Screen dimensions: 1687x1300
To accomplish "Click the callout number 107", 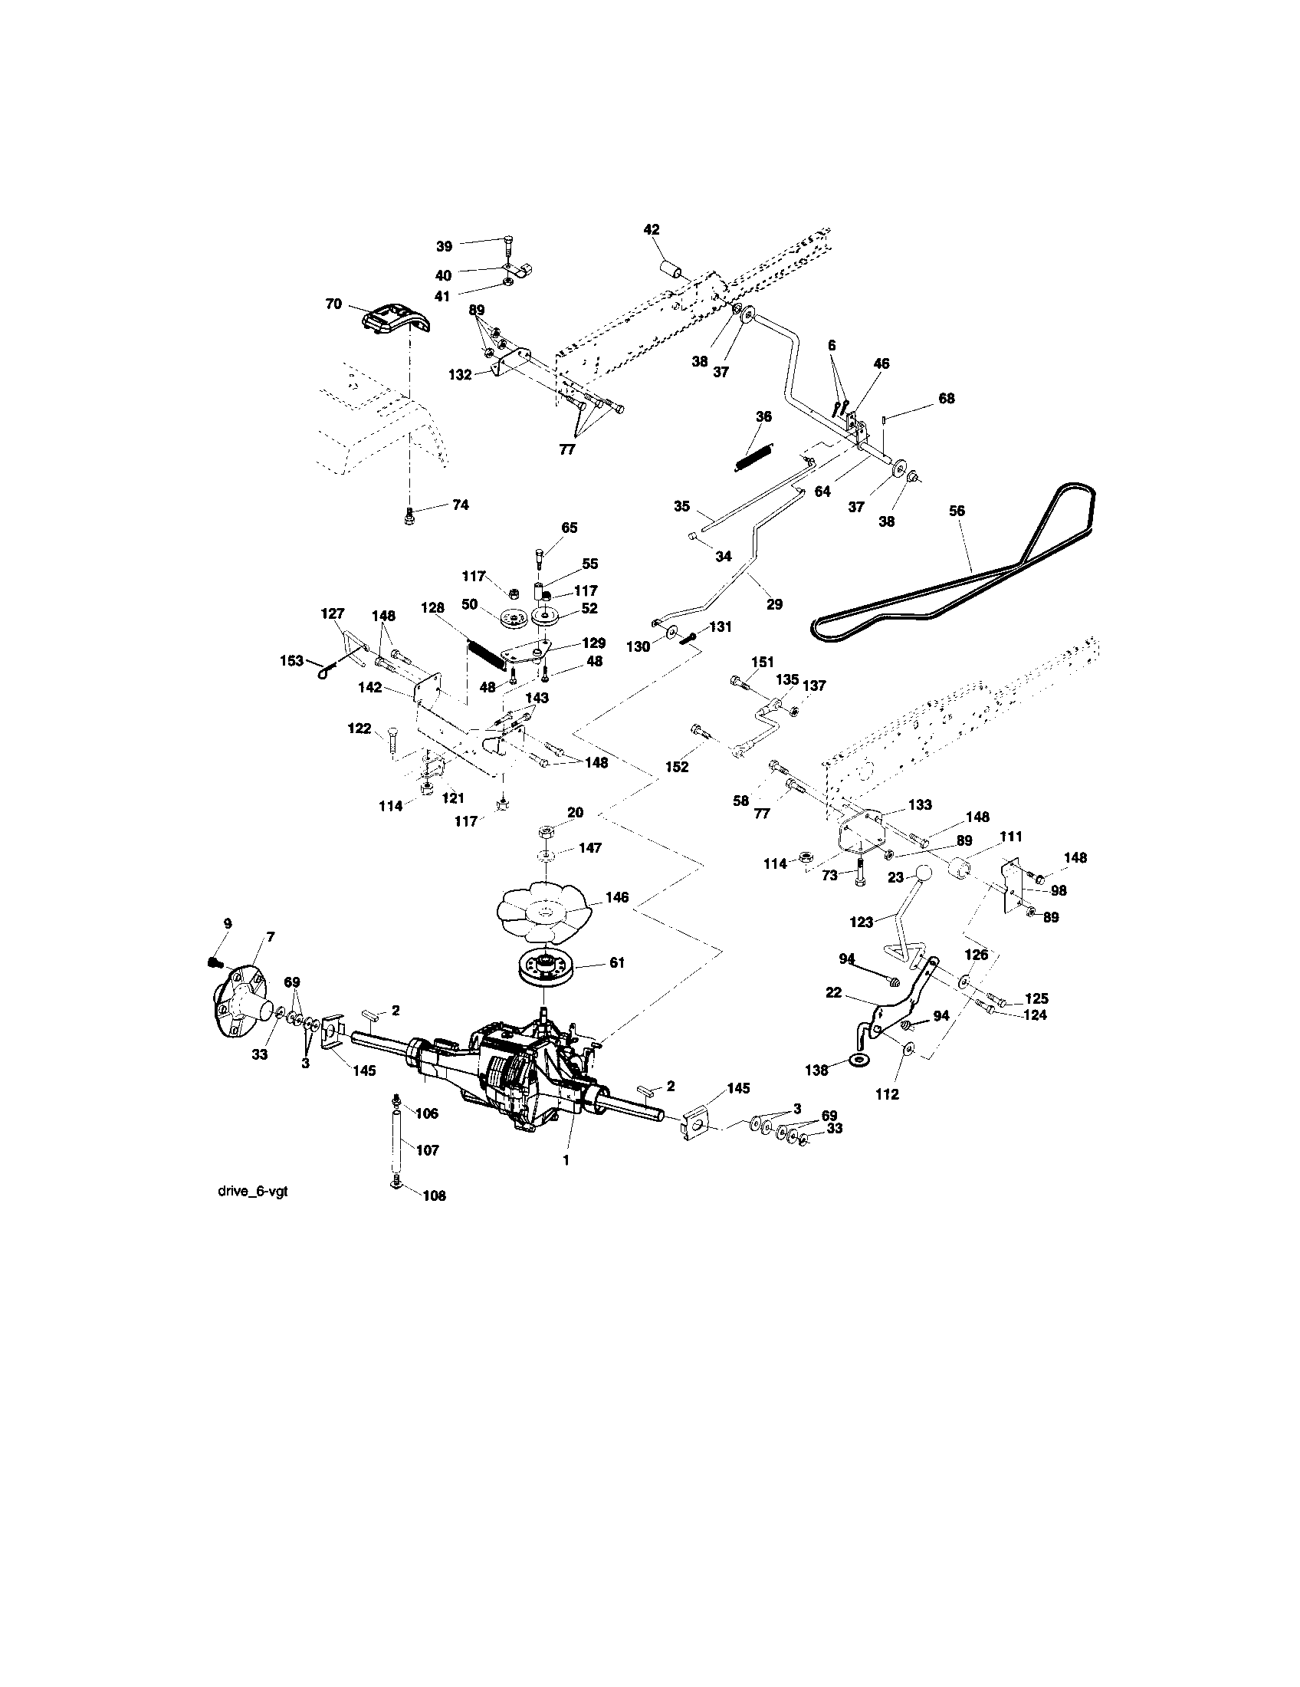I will coord(427,1150).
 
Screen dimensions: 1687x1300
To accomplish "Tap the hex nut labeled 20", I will coord(545,830).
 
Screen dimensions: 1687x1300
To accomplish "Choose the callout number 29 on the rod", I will coord(773,604).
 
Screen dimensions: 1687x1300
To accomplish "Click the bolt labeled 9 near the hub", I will coord(215,962).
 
